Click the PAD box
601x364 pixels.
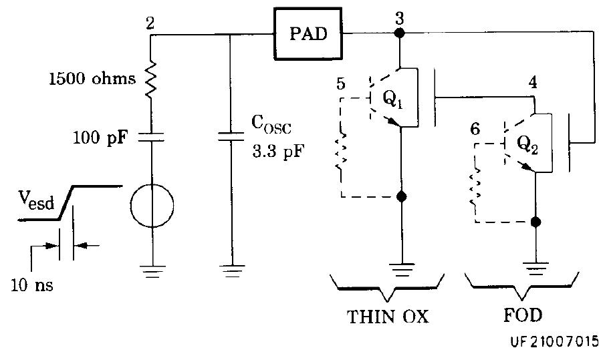[309, 34]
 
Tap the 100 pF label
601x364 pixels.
[102, 138]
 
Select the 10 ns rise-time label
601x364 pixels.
[31, 285]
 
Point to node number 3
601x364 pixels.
[399, 18]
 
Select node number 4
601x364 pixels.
[533, 83]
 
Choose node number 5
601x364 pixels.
[341, 85]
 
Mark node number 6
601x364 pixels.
[475, 129]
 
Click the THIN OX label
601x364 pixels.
[388, 317]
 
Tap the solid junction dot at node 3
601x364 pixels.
[399, 35]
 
